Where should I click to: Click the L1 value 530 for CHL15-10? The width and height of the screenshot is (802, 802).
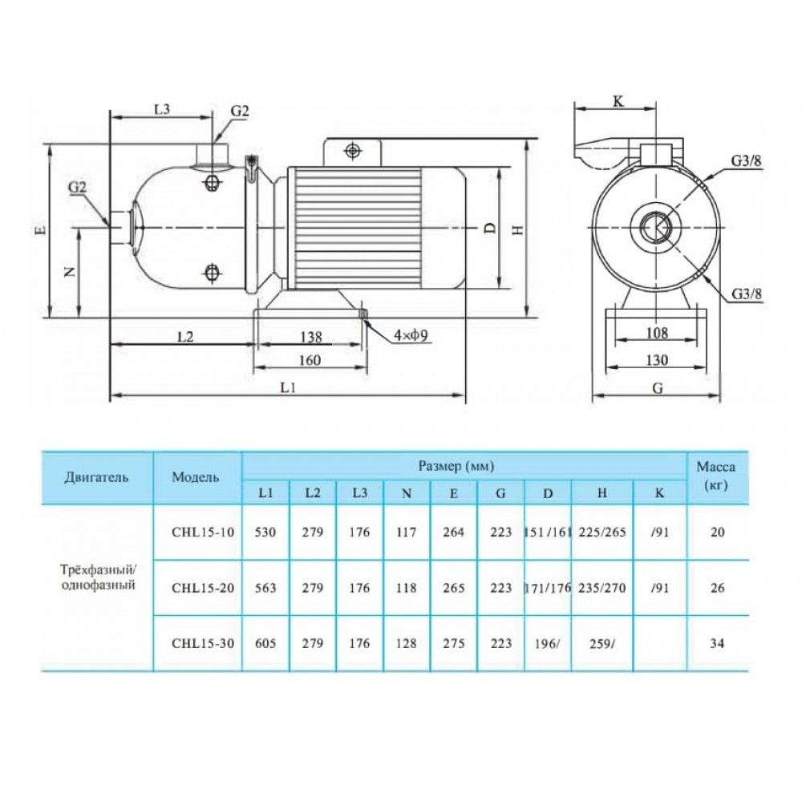266,533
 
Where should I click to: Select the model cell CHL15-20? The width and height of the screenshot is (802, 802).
197,587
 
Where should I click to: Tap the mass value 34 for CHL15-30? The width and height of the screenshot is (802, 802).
718,644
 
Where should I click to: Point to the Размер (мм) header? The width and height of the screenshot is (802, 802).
456,465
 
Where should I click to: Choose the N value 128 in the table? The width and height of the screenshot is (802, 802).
407,644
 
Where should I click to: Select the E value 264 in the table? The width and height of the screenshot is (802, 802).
454,533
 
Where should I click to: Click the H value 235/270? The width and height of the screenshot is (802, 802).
601,587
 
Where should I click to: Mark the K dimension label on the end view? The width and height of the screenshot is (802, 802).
618,101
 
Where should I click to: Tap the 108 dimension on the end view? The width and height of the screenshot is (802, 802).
655,332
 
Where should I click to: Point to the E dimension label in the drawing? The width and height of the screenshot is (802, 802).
42,230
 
